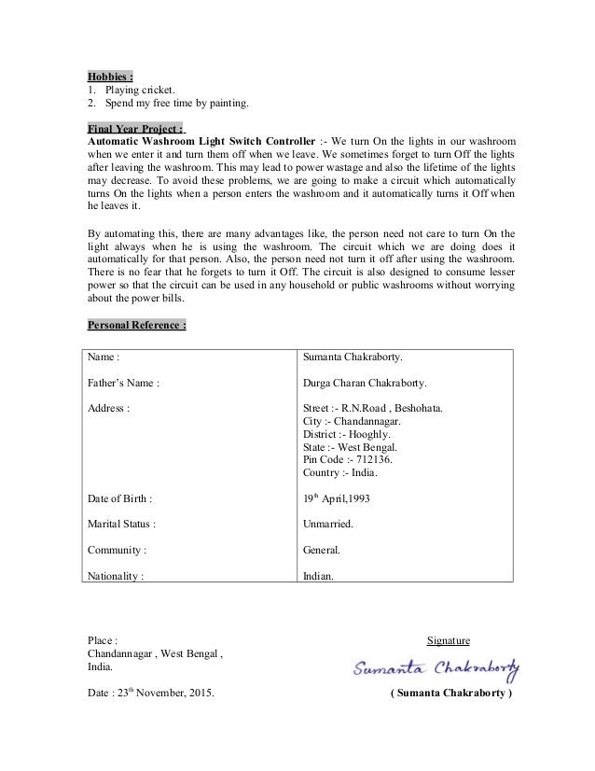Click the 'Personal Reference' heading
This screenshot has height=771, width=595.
(137, 325)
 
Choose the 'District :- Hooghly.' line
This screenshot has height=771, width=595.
(348, 433)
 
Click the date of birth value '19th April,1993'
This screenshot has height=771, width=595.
(337, 498)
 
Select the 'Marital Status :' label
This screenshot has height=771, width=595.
(121, 525)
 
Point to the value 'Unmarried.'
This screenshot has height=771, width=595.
(328, 525)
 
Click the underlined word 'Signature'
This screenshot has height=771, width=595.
(448, 640)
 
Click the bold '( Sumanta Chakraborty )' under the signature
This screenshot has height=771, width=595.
(450, 694)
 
